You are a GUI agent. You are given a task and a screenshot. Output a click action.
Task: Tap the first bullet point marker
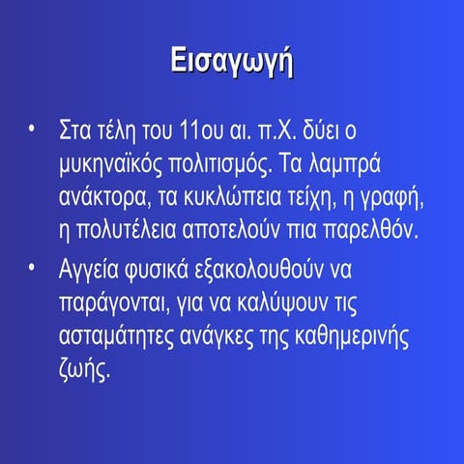coord(33,128)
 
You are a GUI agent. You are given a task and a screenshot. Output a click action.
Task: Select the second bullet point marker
coord(33,262)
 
